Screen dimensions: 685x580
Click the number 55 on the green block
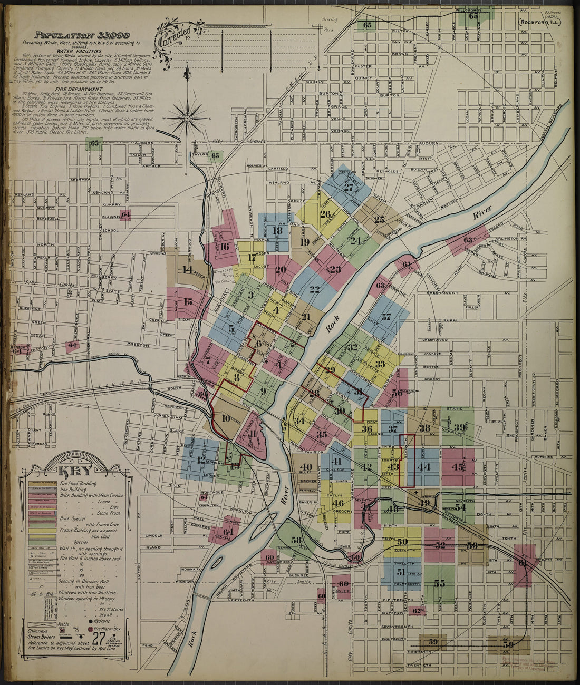[x=439, y=583]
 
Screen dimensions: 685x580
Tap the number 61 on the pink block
[x=523, y=562]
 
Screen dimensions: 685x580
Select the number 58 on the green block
[x=297, y=540]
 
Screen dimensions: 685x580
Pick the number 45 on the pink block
[x=458, y=467]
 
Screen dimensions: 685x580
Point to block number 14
[x=187, y=270]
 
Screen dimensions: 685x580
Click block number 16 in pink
[x=225, y=246]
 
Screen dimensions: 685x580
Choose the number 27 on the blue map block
[x=349, y=187]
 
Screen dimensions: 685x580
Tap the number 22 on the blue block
[x=315, y=289]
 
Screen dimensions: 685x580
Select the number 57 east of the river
[x=386, y=317]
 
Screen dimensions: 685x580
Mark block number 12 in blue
[x=201, y=459]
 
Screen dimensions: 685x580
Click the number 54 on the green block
[x=460, y=507]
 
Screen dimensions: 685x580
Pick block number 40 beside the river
[x=305, y=467]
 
